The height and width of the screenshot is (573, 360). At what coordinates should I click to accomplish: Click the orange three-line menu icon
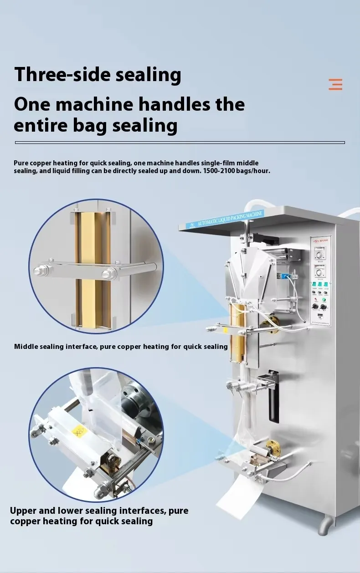pos(335,84)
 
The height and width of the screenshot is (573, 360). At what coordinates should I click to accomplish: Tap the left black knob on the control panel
pos(315,307)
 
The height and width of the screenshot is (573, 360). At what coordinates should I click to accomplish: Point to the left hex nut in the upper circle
pos(38,271)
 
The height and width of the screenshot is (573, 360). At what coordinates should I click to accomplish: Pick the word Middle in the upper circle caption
pos(26,347)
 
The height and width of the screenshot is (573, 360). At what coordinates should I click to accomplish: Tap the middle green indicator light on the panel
pos(321,284)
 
